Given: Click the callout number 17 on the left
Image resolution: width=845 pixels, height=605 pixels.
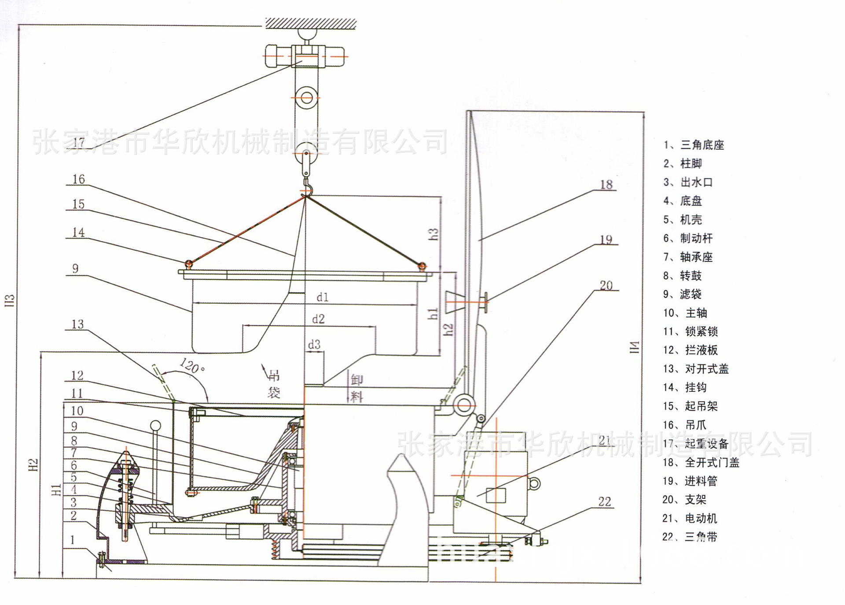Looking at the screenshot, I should click(79, 142).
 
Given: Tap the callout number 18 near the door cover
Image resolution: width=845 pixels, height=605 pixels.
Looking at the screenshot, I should click(606, 184).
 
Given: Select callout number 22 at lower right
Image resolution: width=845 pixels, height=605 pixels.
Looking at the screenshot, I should click(605, 502).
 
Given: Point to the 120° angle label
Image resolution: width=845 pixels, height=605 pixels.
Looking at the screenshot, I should click(192, 366).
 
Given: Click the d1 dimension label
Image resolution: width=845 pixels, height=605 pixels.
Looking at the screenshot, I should click(323, 297).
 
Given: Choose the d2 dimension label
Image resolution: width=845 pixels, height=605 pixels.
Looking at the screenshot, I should click(318, 319).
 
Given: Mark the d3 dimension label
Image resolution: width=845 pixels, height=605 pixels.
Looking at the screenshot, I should click(314, 345).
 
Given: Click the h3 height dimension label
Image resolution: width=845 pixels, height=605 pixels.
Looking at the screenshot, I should click(434, 234).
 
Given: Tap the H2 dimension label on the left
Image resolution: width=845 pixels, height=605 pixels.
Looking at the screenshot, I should click(33, 465).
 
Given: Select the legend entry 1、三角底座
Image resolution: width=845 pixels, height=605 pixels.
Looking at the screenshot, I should click(694, 145).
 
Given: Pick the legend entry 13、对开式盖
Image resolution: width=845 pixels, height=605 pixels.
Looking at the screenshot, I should click(696, 369).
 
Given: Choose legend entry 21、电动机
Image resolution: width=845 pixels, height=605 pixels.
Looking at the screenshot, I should click(690, 518).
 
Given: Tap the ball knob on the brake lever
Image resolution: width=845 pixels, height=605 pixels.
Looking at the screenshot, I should click(156, 426).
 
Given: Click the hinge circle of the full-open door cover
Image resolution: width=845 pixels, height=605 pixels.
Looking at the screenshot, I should click(464, 405).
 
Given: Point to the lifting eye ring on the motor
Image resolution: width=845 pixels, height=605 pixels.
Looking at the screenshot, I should click(534, 483).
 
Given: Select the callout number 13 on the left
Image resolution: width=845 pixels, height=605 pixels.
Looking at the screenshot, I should click(77, 325).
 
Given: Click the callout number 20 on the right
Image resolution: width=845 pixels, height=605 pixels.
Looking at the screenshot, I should click(606, 286).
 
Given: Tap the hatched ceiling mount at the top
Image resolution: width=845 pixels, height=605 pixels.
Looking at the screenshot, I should click(311, 23).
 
